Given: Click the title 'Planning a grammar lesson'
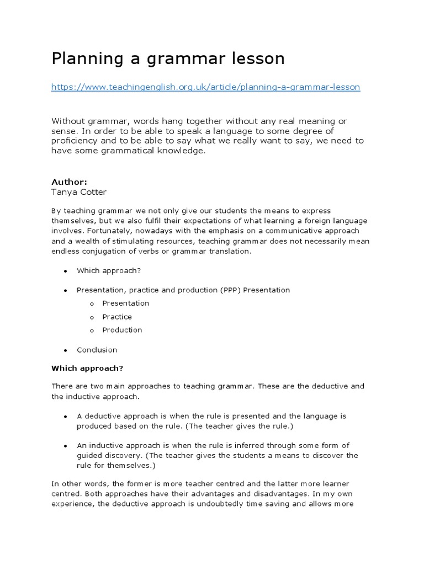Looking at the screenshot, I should [x=168, y=58].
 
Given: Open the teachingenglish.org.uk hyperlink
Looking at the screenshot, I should [x=205, y=87].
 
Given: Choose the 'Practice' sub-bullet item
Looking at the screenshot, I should [x=117, y=317].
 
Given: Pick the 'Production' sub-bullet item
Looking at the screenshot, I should [x=122, y=330].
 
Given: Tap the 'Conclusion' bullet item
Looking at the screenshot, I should [x=97, y=350].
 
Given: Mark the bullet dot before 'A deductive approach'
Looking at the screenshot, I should [x=66, y=417].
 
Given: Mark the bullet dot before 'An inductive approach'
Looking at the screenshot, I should [x=66, y=446].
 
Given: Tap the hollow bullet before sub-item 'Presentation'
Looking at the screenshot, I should [x=91, y=303].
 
